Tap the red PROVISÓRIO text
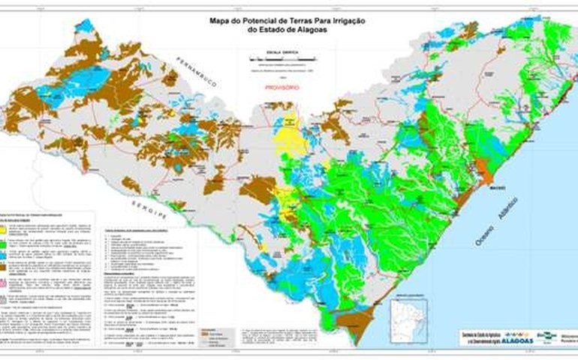(x=283, y=87)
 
